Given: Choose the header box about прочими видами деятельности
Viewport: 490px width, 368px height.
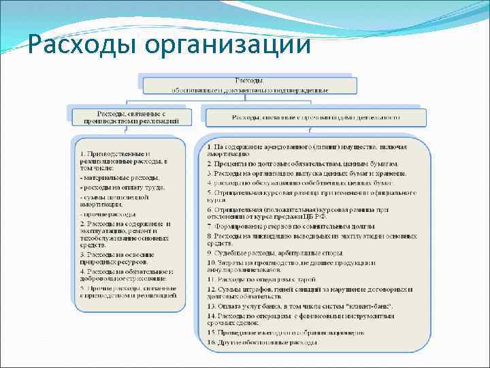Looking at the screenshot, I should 315,117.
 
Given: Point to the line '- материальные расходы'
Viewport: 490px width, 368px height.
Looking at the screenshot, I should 120,178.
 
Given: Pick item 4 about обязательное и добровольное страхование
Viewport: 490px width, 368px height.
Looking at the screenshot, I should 125,275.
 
